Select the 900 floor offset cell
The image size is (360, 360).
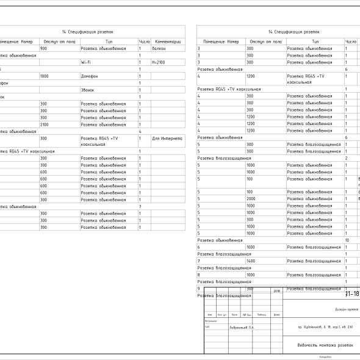(x=43, y=48)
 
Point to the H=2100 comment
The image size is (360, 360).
(x=158, y=62)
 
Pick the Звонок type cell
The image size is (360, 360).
(x=88, y=90)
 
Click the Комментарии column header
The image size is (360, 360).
(x=167, y=41)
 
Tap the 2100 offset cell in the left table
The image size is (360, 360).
(x=45, y=124)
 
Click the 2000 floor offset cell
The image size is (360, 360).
(x=251, y=199)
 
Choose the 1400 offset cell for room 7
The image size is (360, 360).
(x=251, y=261)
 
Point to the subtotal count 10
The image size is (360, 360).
(x=347, y=240)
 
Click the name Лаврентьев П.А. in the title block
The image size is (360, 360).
(x=242, y=327)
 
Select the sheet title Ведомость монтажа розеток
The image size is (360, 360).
(x=322, y=345)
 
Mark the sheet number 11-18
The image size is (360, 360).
(x=352, y=294)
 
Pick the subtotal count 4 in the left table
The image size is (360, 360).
(x=140, y=131)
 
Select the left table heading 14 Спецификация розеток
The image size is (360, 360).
(x=88, y=32)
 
